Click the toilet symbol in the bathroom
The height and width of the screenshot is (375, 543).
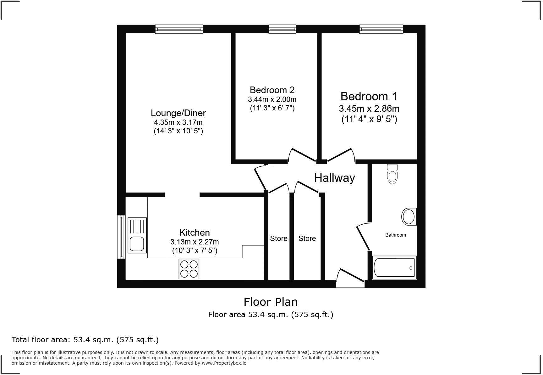click(x=392, y=174)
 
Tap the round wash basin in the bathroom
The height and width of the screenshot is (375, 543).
click(x=409, y=217)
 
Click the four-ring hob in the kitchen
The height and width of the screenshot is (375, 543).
click(x=189, y=269)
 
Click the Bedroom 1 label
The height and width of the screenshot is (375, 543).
click(x=369, y=96)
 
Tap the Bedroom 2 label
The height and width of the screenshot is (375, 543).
click(x=272, y=90)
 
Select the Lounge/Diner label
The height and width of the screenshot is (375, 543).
click(x=178, y=113)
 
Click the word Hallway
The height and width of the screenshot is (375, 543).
click(x=334, y=178)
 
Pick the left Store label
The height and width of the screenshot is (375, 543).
click(x=279, y=238)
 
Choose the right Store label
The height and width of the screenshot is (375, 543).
click(x=307, y=238)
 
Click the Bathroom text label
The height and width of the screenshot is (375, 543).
click(x=395, y=235)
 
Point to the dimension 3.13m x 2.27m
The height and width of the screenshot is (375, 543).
click(x=195, y=242)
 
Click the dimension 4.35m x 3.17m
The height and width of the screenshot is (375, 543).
click(x=178, y=122)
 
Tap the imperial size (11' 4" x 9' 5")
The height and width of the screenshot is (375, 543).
click(x=369, y=119)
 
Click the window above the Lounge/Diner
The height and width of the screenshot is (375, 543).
click(x=179, y=29)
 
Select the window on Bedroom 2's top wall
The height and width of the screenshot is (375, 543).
click(x=282, y=29)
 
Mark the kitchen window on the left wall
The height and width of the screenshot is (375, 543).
click(x=121, y=237)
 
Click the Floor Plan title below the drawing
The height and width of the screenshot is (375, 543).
click(x=271, y=302)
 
